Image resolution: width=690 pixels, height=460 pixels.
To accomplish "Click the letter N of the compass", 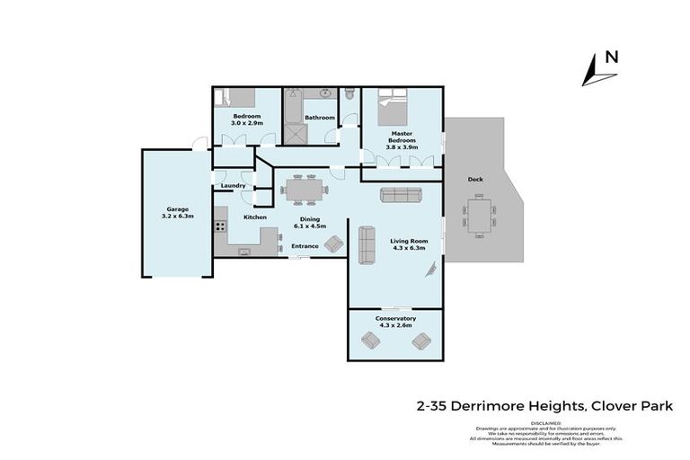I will [611, 57].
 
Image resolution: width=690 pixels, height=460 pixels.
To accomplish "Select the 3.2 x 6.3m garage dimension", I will [176, 217].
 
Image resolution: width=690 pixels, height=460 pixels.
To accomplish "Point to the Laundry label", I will [233, 186].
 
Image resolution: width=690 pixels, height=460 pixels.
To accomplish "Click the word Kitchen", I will [255, 217].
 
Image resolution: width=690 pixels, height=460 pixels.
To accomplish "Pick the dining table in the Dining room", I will [301, 190].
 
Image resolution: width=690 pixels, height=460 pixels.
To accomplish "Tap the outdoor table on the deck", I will [479, 217].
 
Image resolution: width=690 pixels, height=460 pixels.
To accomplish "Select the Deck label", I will [475, 179].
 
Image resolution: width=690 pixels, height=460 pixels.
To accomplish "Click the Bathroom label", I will [319, 118].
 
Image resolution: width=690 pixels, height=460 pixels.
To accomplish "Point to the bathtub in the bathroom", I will [292, 116].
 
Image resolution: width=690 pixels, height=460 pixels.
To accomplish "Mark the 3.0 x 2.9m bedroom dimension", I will [247, 123].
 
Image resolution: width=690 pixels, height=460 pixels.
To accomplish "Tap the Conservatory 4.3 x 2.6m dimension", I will [394, 326].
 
